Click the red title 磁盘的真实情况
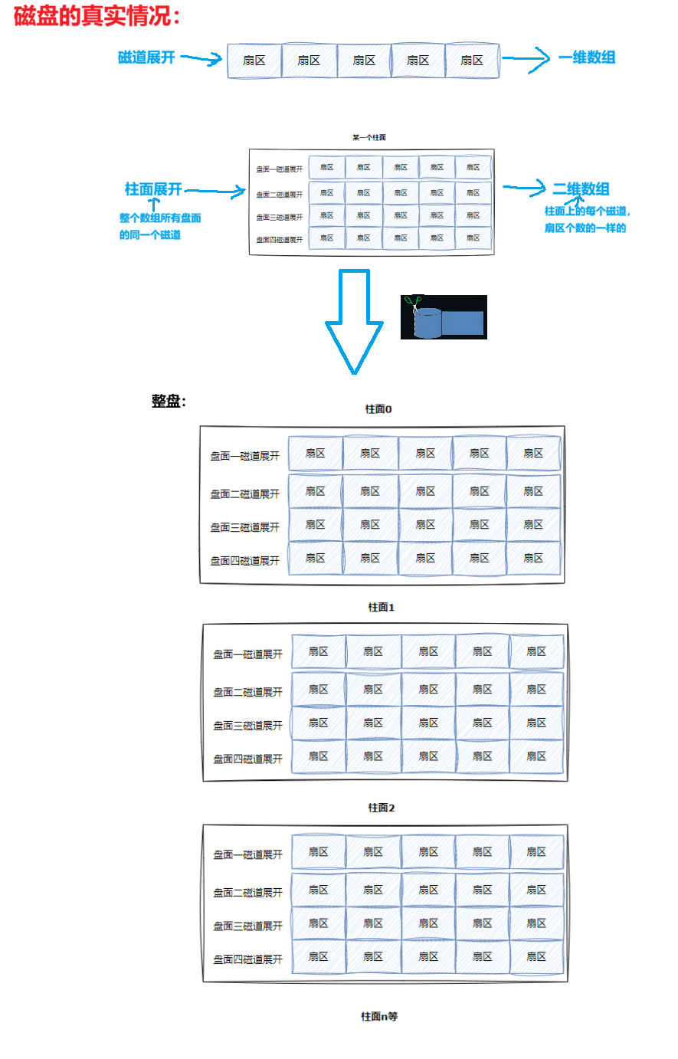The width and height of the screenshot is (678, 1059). click(97, 16)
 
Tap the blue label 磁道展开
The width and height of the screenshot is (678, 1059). click(146, 57)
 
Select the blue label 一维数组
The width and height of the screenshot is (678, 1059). click(586, 57)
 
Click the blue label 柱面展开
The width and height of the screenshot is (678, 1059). click(153, 189)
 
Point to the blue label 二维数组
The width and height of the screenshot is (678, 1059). click(581, 189)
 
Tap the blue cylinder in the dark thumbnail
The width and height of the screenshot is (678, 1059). click(427, 323)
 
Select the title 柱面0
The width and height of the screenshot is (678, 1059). click(378, 409)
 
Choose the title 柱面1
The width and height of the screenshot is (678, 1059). click(382, 607)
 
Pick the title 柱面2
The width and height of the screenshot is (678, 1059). click(382, 808)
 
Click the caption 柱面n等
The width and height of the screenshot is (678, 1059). click(380, 1016)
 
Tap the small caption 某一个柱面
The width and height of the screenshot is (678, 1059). click(369, 138)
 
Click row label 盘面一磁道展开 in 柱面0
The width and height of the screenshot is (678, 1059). click(245, 456)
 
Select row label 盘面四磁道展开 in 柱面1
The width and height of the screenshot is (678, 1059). click(248, 759)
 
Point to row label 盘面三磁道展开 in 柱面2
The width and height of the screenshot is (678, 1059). click(248, 926)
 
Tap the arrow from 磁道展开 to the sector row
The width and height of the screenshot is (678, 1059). click(201, 59)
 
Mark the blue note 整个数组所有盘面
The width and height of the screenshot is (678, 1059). click(160, 218)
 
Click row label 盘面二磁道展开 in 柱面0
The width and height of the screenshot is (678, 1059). click(245, 494)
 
